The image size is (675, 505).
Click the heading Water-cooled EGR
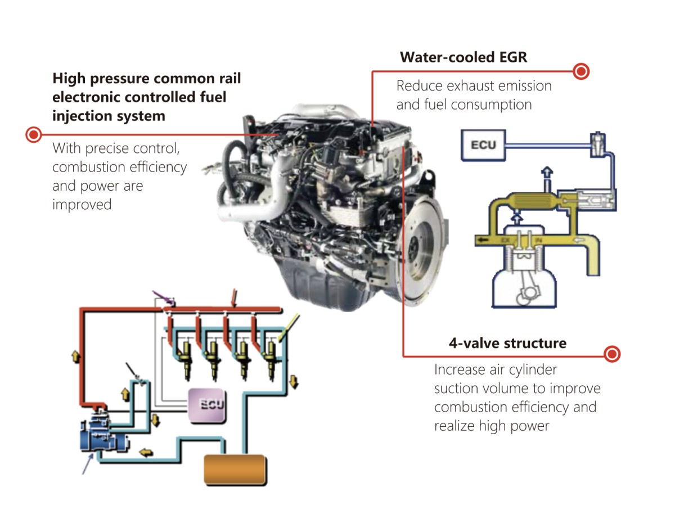point(463,57)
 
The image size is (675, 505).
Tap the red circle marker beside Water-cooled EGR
point(582,71)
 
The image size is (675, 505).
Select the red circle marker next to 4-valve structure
point(613,354)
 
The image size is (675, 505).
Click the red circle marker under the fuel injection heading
point(34,134)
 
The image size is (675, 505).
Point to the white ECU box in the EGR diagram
point(483,145)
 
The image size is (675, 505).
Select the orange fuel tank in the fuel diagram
point(235,468)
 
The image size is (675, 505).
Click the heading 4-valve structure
point(507,342)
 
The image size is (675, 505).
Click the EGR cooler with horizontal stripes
point(529,201)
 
